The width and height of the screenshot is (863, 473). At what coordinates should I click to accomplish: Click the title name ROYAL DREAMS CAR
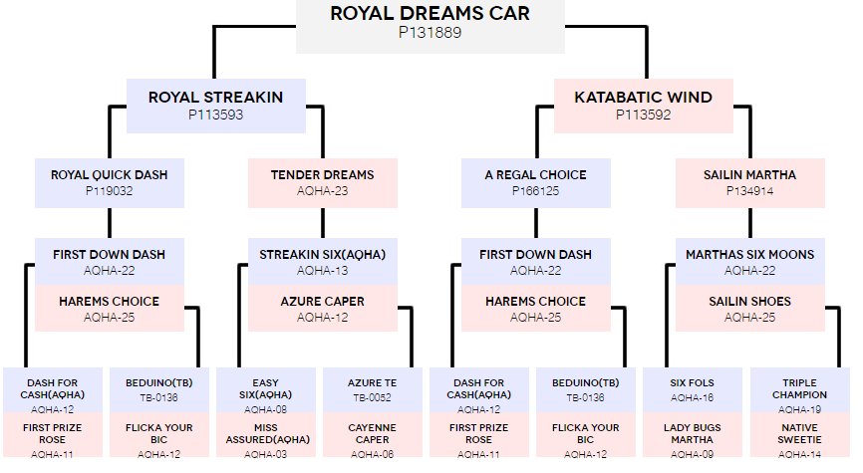coord(430,13)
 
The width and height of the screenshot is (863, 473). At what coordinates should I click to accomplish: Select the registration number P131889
coord(430,33)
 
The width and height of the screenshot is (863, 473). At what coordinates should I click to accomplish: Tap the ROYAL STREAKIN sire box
coord(215,106)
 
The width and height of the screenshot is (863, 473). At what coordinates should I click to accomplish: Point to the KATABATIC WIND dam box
coord(644,106)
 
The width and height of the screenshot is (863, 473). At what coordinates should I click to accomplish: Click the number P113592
coord(644,115)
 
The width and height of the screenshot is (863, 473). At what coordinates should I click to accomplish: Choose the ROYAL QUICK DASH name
coord(109,175)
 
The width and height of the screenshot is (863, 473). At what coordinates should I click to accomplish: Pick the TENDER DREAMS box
coord(323,183)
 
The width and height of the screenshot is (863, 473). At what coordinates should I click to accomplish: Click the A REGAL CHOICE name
coord(535,175)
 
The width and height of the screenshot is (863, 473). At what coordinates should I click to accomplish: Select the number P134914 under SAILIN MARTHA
coord(749,191)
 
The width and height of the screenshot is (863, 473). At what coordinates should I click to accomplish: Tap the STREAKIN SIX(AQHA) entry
coord(323,261)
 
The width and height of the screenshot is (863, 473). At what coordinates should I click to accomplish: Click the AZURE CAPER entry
coord(323,308)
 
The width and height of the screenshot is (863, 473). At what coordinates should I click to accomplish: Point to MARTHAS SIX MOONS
coord(749,261)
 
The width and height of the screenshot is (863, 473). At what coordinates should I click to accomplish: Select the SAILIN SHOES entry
coord(749,308)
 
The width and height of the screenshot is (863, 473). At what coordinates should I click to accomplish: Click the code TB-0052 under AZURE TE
coord(372,397)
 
